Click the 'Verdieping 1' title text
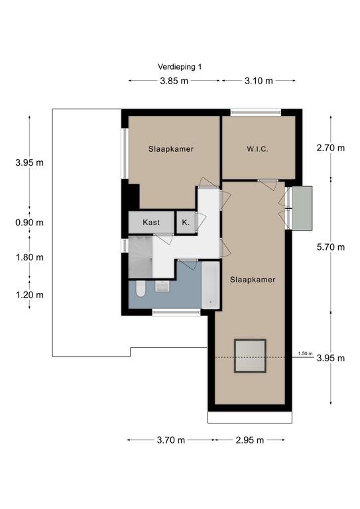tap(180, 67)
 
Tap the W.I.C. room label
tap(257, 149)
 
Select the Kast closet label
tap(151, 223)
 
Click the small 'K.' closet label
tap(186, 223)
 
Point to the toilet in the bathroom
tap(141, 289)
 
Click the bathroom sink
tap(162, 286)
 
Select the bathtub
tap(210, 286)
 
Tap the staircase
tap(141, 257)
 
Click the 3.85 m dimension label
tap(174, 81)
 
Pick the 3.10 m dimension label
tap(259, 81)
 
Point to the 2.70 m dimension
tap(331, 148)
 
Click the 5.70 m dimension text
tap(331, 247)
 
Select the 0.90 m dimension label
tap(30, 223)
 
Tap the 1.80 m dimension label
tap(30, 257)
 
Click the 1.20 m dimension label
tap(30, 295)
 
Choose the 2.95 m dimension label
tap(250, 440)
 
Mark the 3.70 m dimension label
tap(171, 440)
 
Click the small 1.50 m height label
tap(305, 353)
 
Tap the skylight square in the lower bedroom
tap(251, 356)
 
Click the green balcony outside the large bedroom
tap(302, 208)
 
